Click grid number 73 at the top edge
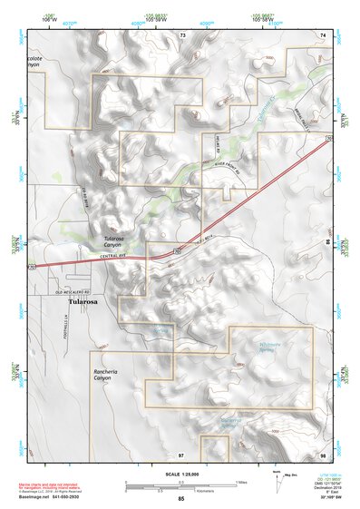pyautogui.click(x=182, y=34)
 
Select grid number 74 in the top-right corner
pyautogui.click(x=322, y=34)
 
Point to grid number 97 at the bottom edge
pyautogui.click(x=181, y=453)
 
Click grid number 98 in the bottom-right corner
pyautogui.click(x=322, y=453)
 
